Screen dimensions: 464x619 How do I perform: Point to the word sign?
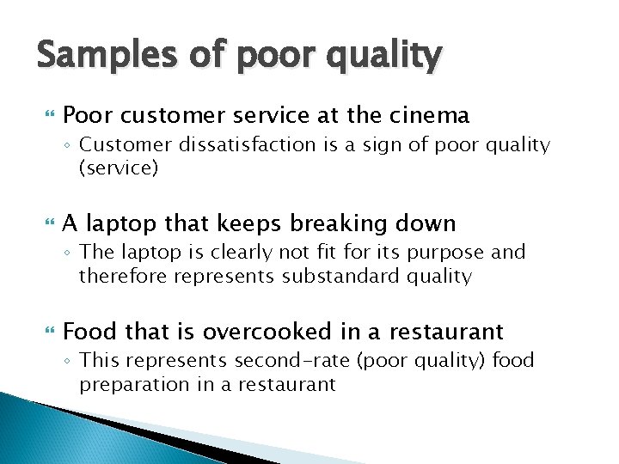click(398, 145)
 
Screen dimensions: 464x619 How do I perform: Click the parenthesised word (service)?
click(119, 168)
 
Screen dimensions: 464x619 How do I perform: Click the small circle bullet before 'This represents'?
click(70, 362)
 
